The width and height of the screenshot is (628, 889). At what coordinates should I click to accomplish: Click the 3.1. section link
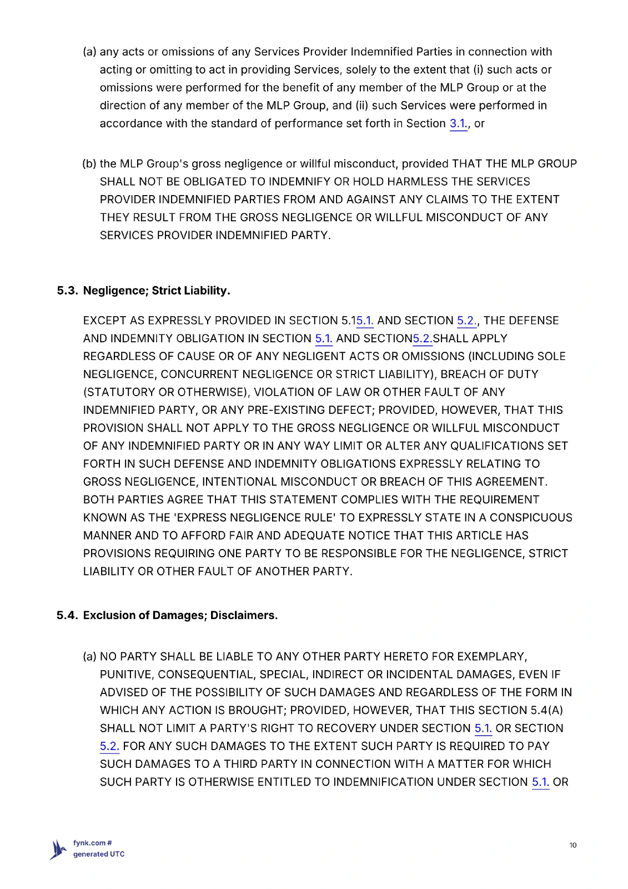pyautogui.click(x=459, y=123)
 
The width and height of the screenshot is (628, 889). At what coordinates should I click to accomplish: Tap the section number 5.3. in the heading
pyautogui.click(x=67, y=291)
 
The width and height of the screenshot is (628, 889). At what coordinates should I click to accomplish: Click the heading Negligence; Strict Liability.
pyautogui.click(x=157, y=291)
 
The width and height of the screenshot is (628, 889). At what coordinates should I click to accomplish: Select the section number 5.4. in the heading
pyautogui.click(x=67, y=615)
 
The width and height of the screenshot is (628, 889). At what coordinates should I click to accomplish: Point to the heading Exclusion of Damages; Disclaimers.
pyautogui.click(x=180, y=615)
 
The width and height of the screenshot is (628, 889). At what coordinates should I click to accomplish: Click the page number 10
pyautogui.click(x=572, y=845)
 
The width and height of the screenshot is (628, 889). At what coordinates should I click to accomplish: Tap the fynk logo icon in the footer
pyautogui.click(x=58, y=849)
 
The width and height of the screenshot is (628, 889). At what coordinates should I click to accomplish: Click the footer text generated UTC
pyautogui.click(x=99, y=854)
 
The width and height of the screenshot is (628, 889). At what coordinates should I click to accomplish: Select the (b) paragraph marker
pyautogui.click(x=89, y=164)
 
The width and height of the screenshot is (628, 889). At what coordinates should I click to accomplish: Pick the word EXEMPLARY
pyautogui.click(x=492, y=657)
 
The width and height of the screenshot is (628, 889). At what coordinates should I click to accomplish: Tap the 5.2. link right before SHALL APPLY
pyautogui.click(x=423, y=338)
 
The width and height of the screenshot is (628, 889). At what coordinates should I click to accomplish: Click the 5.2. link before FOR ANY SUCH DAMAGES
pyautogui.click(x=109, y=746)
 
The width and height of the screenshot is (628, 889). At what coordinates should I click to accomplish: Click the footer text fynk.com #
pyautogui.click(x=93, y=843)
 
